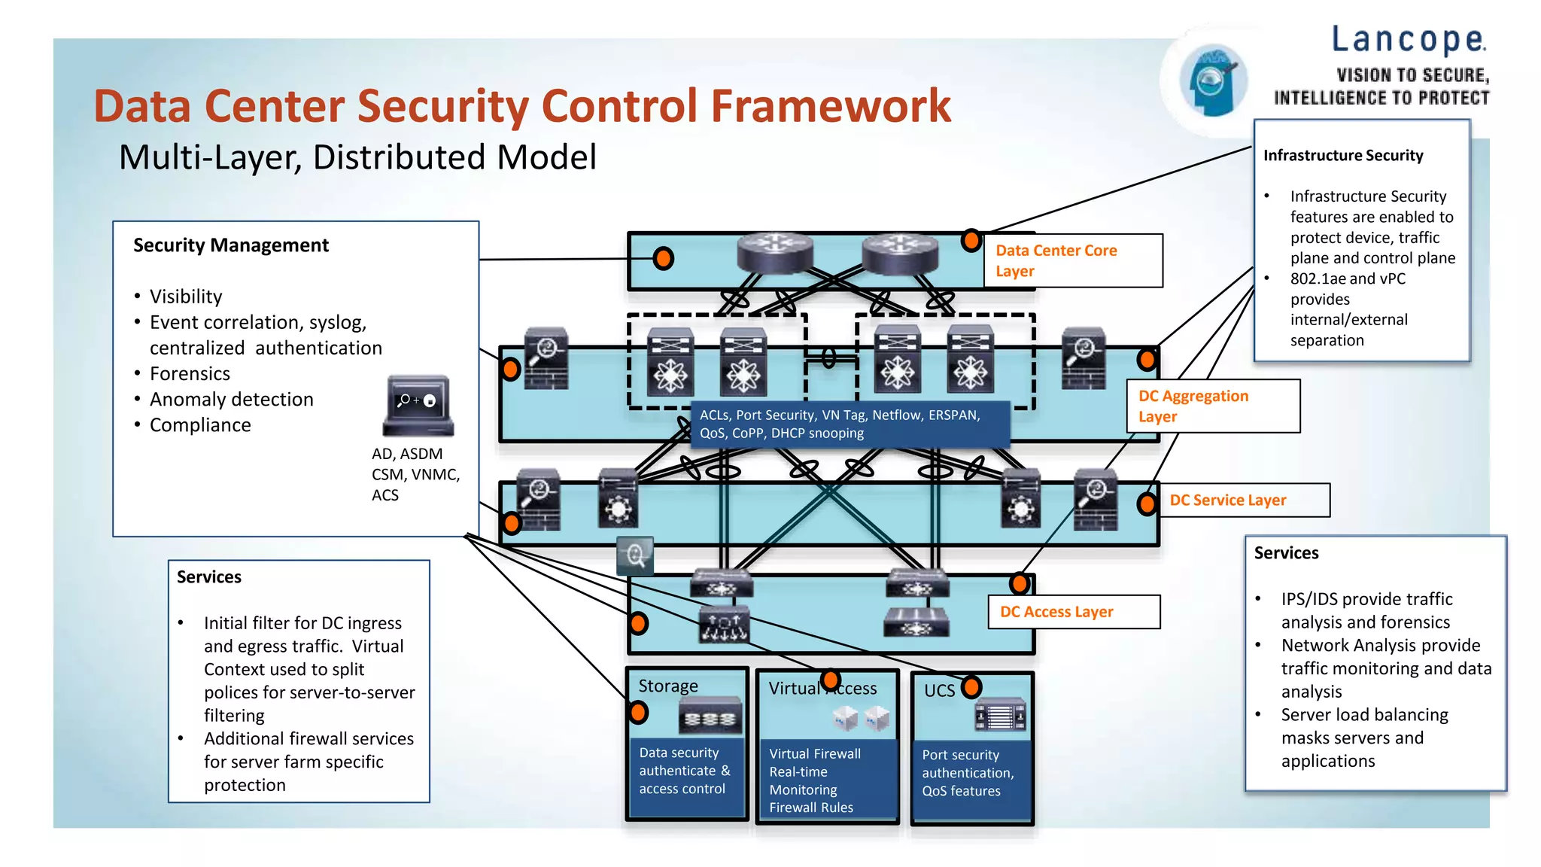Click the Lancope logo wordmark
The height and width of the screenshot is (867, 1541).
click(x=1408, y=40)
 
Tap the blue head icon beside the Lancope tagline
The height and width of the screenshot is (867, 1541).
click(x=1212, y=81)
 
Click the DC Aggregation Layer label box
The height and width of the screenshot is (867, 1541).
click(x=1212, y=406)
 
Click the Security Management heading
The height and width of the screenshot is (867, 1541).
click(x=231, y=245)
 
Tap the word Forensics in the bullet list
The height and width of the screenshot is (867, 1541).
click(x=190, y=374)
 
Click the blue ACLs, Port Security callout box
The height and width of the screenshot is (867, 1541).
click(x=849, y=424)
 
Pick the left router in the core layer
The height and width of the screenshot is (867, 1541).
click(x=774, y=252)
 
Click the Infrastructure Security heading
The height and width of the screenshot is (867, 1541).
click(x=1343, y=156)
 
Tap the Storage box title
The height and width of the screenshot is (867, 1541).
click(x=668, y=686)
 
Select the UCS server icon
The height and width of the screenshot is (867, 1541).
click(x=1000, y=715)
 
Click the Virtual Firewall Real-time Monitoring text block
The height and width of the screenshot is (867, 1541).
click(x=815, y=780)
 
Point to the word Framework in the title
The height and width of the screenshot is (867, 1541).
click(x=831, y=106)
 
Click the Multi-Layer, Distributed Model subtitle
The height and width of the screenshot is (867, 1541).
click(x=357, y=158)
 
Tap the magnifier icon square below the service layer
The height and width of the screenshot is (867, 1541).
click(x=635, y=555)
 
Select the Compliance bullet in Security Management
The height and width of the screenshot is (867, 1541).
click(x=200, y=425)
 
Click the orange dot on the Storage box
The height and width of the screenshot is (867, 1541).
click(x=638, y=712)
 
